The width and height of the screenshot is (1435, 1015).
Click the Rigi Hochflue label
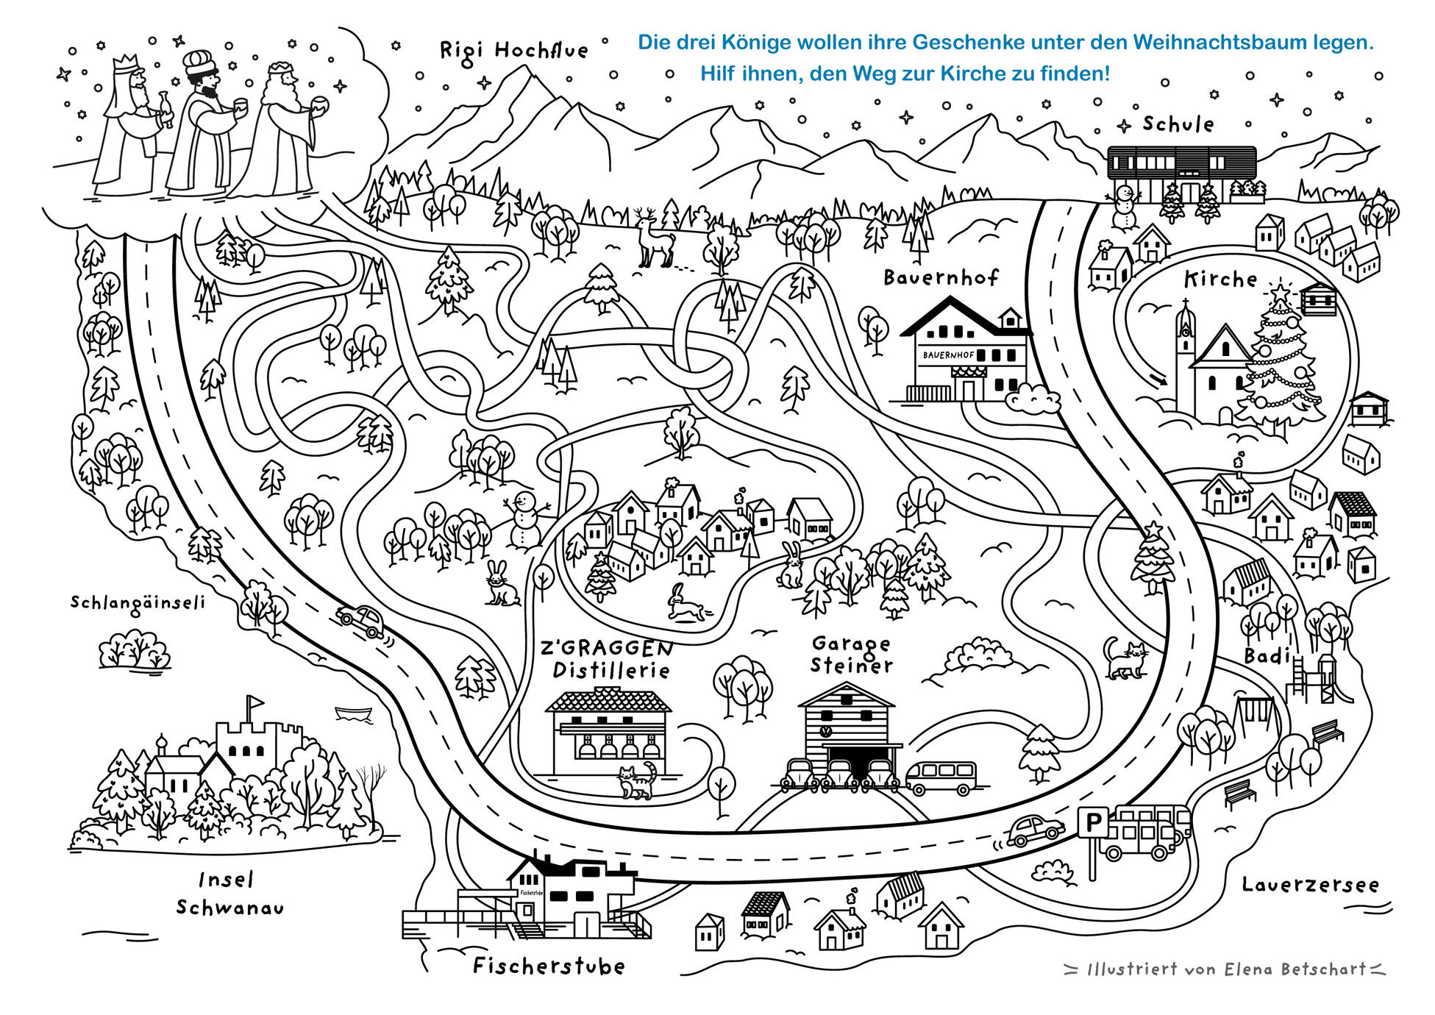pyautogui.click(x=513, y=51)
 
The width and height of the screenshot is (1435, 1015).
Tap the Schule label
pyautogui.click(x=1178, y=124)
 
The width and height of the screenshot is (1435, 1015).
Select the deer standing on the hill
pyautogui.click(x=654, y=237)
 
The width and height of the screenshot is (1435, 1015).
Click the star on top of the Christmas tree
pyautogui.click(x=1281, y=293)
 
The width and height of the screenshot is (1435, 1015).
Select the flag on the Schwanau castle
pyautogui.click(x=254, y=702)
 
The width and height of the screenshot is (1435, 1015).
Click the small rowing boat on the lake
pyautogui.click(x=353, y=712)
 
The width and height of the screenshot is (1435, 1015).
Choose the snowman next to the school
pyautogui.click(x=1123, y=208)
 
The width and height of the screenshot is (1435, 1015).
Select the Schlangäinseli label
pyautogui.click(x=138, y=602)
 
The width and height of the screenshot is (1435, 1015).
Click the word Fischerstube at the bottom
pyautogui.click(x=549, y=966)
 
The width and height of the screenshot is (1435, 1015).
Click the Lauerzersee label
pyautogui.click(x=1310, y=885)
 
